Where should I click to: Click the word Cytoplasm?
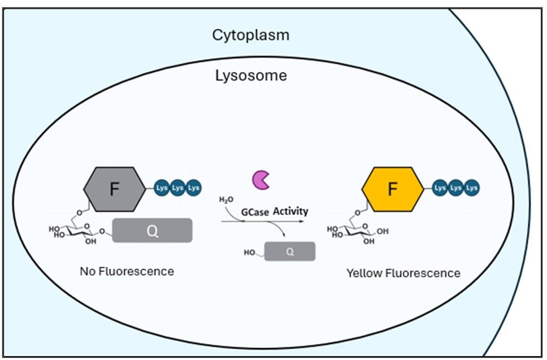click(250, 35)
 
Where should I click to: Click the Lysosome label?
click(250, 76)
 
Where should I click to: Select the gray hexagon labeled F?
click(114, 189)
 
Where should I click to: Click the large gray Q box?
click(152, 231)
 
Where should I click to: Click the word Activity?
click(291, 211)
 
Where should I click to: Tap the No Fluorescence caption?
click(127, 271)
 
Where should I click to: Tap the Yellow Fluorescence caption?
click(403, 274)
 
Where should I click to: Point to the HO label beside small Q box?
click(250, 252)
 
